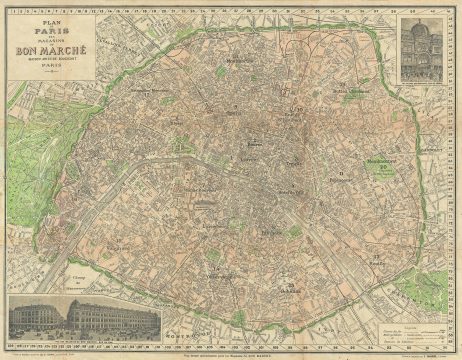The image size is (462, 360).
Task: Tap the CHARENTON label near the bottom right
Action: click(426, 300)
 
